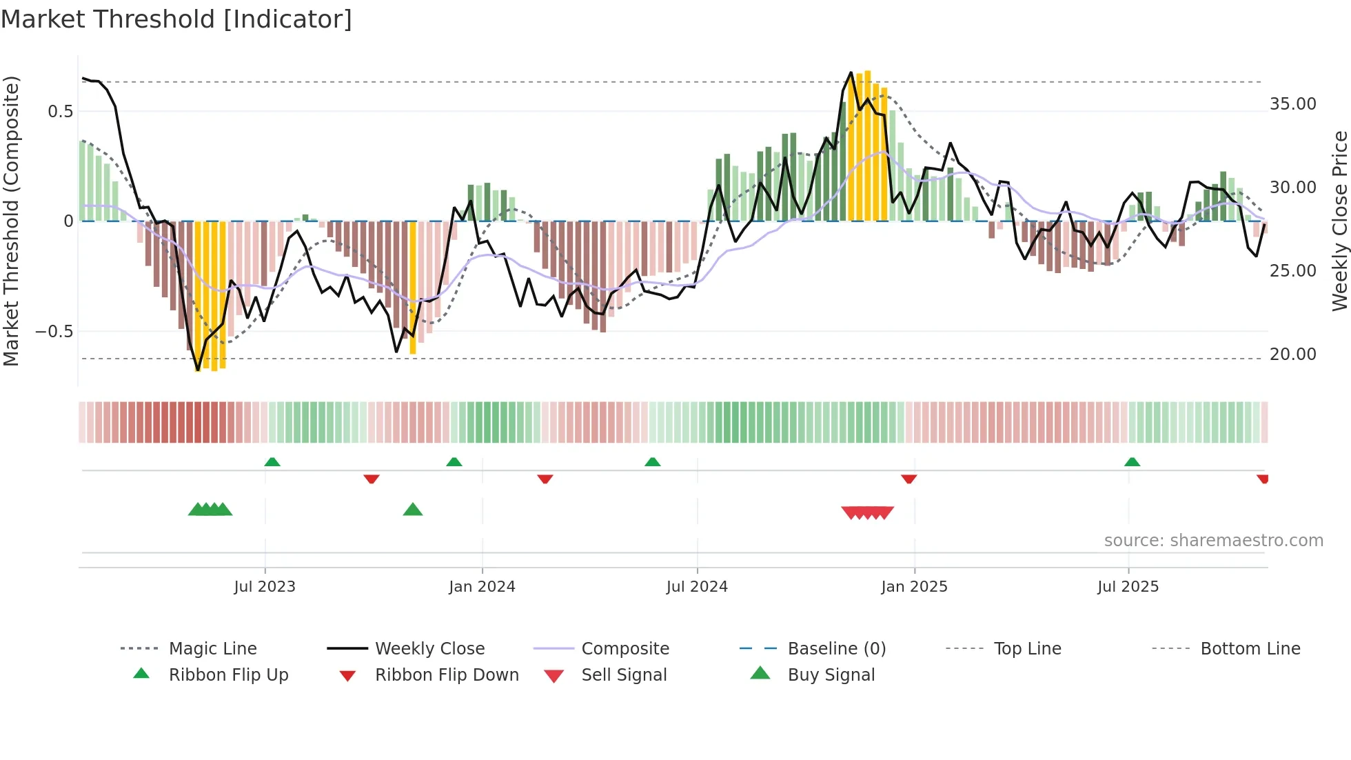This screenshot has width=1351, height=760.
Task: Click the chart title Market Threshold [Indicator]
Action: point(176,19)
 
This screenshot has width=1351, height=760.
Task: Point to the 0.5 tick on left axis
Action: point(60,111)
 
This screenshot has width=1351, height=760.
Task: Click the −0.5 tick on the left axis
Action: point(54,332)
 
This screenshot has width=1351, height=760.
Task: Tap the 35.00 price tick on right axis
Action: point(1292,104)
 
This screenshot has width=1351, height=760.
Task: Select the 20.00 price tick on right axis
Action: point(1292,354)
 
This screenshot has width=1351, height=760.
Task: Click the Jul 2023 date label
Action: point(265,587)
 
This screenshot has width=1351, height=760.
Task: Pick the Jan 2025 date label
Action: point(914,587)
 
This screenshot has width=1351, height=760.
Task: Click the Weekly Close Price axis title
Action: point(1339,221)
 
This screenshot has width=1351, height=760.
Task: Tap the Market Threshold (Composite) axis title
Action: point(11,221)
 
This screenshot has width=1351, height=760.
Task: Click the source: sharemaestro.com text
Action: point(1213,541)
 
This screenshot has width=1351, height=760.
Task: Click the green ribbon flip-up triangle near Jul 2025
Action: point(1132,462)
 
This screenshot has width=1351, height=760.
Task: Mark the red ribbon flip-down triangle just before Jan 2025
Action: point(908,478)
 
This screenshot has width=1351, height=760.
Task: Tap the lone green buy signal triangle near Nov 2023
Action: point(412,510)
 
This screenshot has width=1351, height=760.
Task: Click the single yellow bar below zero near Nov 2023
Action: point(413,287)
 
